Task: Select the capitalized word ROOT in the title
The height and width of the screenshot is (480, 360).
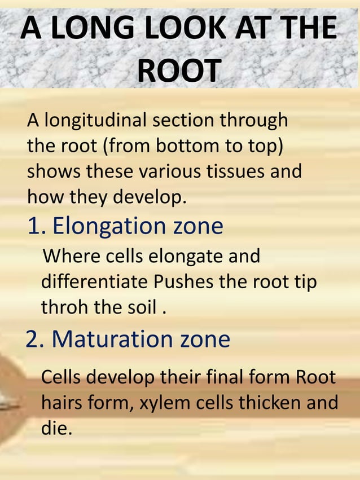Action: (179, 71)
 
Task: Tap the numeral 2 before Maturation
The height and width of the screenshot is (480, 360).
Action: (33, 339)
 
